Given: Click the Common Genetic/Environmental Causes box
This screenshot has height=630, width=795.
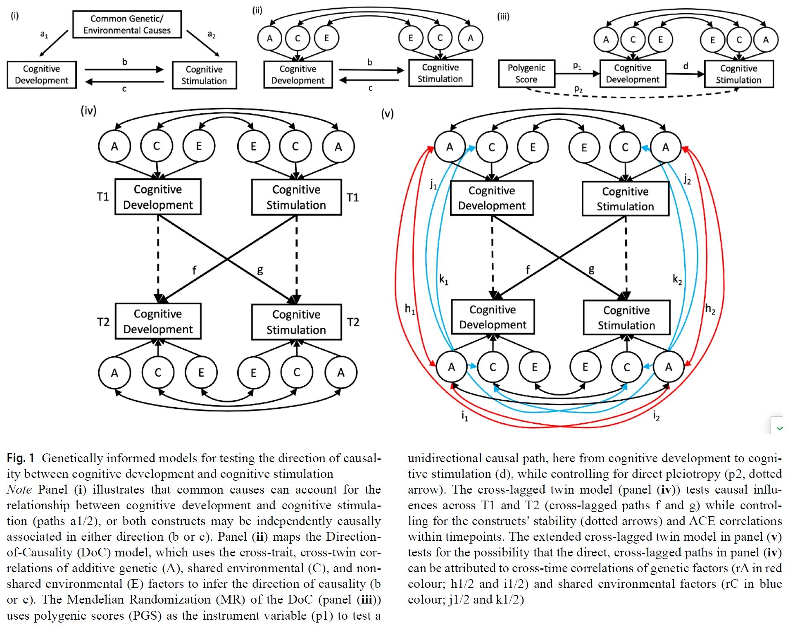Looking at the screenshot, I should tap(127, 24).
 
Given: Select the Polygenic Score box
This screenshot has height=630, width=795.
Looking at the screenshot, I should tap(526, 74).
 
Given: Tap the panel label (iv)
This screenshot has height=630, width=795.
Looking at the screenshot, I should tap(88, 111).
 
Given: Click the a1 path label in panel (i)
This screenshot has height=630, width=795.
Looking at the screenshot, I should tap(44, 34).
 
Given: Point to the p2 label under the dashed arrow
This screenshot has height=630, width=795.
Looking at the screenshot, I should tap(578, 89).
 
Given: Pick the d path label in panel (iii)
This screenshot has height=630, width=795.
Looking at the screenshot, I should tap(686, 66).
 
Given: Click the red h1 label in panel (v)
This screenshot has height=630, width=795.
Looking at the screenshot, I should tap(409, 309).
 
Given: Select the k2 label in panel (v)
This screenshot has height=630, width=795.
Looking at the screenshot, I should tap(677, 280).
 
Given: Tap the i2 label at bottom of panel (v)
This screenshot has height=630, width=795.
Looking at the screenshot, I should tap(657, 415).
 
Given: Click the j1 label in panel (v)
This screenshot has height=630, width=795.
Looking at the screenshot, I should tap(433, 184).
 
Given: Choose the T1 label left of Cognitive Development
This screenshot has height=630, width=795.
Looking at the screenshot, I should tap(103, 197).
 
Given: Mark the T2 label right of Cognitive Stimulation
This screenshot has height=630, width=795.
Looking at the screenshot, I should tap(353, 322).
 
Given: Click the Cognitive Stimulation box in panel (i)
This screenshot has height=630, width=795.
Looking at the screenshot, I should tap(204, 75).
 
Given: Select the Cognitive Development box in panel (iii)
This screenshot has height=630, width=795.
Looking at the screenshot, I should tap(632, 74).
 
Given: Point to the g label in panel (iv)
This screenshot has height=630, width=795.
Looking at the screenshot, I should tap(260, 271).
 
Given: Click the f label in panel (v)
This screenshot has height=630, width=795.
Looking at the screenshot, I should tap(528, 270).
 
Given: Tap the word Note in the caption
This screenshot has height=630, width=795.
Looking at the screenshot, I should tap(19, 489).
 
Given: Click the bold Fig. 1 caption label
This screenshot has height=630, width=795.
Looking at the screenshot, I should tap(20, 458).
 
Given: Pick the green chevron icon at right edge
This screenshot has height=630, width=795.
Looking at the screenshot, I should tap(779, 428).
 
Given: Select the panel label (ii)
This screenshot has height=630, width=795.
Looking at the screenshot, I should tap(257, 10).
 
